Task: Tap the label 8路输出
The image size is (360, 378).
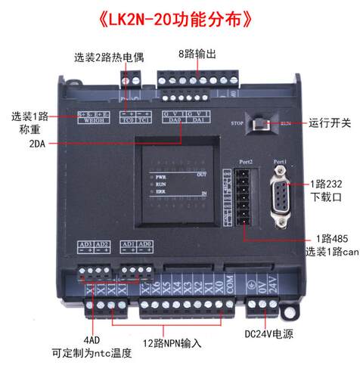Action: [197, 54]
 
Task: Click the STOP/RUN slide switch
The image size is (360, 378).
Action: [262, 122]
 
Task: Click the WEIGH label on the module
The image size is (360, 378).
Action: [92, 119]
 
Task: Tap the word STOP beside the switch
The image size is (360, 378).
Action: [236, 122]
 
